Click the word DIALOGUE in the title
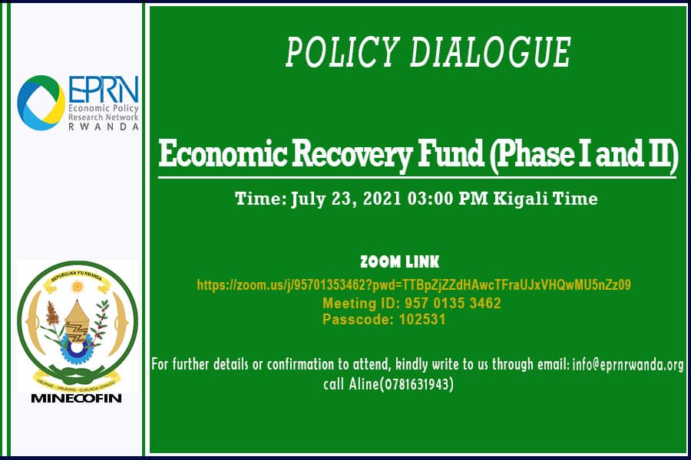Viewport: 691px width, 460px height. (x=491, y=52)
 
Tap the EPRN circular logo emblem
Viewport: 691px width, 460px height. (x=41, y=103)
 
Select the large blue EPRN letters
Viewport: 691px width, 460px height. (x=104, y=90)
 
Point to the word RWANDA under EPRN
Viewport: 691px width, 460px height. (x=104, y=127)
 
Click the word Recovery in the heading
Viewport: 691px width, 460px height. (x=352, y=155)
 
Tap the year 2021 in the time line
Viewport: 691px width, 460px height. (x=382, y=199)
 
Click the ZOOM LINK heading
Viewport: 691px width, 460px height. (x=400, y=262)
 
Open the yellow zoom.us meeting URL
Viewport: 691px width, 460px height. (x=414, y=284)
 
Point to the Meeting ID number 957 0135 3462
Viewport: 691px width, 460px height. (x=452, y=304)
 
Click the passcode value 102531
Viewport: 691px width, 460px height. (x=422, y=319)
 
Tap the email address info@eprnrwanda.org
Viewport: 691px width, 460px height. (x=628, y=365)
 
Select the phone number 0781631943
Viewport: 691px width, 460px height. (x=418, y=384)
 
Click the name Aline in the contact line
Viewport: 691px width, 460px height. (x=364, y=384)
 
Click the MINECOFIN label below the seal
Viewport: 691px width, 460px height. (x=76, y=399)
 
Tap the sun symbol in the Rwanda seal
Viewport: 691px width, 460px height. (x=78, y=287)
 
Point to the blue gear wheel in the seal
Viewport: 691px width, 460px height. (x=77, y=345)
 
